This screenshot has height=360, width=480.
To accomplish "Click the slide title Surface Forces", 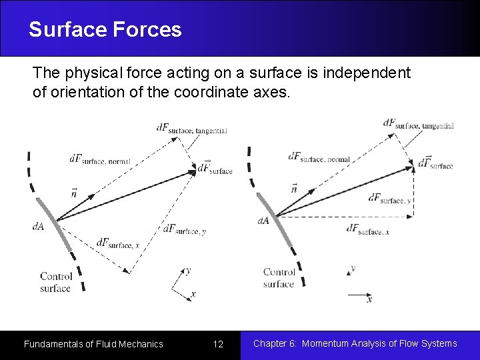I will pyautogui.click(x=105, y=29).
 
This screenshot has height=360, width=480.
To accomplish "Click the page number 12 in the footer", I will pyautogui.click(x=218, y=344).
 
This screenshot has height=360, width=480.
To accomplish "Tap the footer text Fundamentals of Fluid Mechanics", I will pyautogui.click(x=93, y=344).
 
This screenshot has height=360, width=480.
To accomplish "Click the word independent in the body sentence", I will pyautogui.click(x=367, y=72).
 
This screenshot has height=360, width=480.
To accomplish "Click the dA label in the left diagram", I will pyautogui.click(x=39, y=226).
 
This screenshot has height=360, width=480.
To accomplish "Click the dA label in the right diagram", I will pyautogui.click(x=263, y=221).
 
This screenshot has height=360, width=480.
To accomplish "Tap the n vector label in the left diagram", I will pyautogui.click(x=74, y=193).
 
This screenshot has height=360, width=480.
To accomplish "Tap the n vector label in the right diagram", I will pyautogui.click(x=294, y=188).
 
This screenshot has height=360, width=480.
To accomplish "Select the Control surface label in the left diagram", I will pyautogui.click(x=55, y=282).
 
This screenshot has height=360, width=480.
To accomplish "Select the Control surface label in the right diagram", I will pyautogui.click(x=279, y=277).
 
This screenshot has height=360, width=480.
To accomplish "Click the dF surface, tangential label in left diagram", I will pyautogui.click(x=191, y=129).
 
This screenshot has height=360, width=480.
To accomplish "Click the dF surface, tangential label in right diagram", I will pyautogui.click(x=418, y=124).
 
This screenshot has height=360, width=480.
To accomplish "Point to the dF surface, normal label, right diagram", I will pyautogui.click(x=319, y=157).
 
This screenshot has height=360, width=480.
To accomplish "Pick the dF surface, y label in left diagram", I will pyautogui.click(x=184, y=230).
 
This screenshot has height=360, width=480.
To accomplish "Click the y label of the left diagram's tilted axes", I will pyautogui.click(x=188, y=271).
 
